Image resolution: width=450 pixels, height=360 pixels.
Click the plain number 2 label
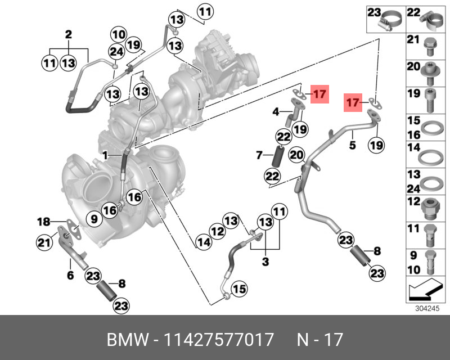69,35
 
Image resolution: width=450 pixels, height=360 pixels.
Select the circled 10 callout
119,34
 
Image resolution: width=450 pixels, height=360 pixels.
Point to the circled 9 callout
94,218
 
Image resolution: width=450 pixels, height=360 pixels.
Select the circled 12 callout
217,230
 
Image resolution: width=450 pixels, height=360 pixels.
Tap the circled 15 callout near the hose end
240,289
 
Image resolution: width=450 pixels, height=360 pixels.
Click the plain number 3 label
265,262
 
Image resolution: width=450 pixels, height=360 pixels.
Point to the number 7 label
260,155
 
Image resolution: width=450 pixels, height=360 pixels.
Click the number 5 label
353,145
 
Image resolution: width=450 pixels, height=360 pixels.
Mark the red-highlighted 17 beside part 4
319,94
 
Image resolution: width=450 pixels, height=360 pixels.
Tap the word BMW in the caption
124,340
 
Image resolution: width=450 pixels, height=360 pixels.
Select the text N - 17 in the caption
319,340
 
